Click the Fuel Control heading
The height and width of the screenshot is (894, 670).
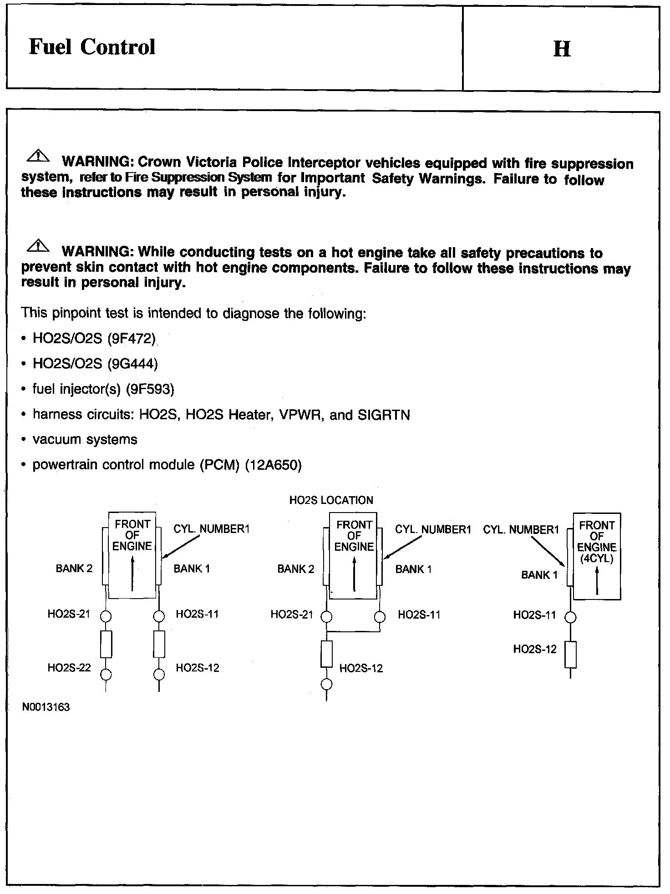[92, 47]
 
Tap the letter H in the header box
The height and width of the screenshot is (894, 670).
[562, 49]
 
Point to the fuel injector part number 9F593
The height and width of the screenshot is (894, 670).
[150, 389]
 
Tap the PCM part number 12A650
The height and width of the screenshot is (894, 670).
[273, 465]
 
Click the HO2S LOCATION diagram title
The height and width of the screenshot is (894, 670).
[331, 500]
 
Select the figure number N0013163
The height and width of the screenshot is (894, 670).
[46, 707]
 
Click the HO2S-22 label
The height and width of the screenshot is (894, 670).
[69, 668]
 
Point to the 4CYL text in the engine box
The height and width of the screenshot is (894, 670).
[597, 558]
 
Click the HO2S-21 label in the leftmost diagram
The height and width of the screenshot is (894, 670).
[69, 614]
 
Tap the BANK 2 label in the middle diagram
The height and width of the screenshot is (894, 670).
[295, 569]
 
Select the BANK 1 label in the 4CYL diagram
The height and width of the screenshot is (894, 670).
[539, 575]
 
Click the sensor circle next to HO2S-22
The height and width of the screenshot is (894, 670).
[106, 674]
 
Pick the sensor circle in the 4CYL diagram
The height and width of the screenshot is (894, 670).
[570, 617]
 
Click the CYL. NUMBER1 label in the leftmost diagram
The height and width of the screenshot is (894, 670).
[211, 529]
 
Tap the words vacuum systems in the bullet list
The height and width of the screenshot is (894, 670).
[85, 440]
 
